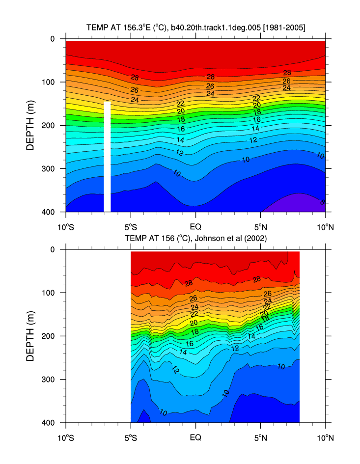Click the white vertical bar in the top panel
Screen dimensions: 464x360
[107, 156]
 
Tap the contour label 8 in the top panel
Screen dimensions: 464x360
[322, 202]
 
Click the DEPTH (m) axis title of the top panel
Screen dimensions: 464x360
[30, 125]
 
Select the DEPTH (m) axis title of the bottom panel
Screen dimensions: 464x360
[30, 336]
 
